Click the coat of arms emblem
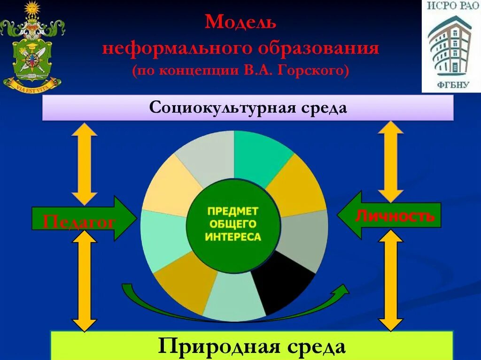click(32, 52)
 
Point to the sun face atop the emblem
click(32, 9)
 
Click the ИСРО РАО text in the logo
click(451, 7)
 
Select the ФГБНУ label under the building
click(450, 84)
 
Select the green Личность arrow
click(390, 215)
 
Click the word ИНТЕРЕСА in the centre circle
click(233, 237)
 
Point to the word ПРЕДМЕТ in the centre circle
click(233, 212)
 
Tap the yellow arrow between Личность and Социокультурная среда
click(390, 161)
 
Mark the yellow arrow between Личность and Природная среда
click(390, 280)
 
